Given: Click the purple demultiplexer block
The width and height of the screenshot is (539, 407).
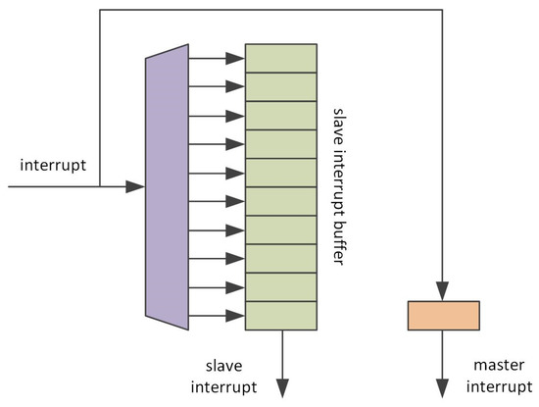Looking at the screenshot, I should (167, 186).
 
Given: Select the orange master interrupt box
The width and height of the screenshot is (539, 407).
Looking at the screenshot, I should (443, 316).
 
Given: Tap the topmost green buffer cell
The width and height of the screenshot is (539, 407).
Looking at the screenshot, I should (280, 58).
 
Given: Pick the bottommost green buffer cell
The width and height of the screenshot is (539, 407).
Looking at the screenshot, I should (280, 315).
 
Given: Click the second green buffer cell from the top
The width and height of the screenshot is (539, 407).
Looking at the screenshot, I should (280, 86).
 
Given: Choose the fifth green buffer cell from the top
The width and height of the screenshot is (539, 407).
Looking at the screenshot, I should (280, 172).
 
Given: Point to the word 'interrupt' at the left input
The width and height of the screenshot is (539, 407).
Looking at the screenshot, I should (52, 163).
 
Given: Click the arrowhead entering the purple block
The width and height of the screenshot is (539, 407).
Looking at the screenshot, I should (136, 186).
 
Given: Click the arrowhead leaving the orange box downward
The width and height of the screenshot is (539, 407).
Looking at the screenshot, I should (443, 383).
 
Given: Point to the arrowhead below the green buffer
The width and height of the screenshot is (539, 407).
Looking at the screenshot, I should (282, 383).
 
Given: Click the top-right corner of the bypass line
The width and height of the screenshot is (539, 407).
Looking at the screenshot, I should (443, 10).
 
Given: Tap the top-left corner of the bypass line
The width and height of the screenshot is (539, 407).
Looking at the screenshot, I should (100, 10).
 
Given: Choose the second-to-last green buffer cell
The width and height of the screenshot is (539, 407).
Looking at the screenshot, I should (280, 286).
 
